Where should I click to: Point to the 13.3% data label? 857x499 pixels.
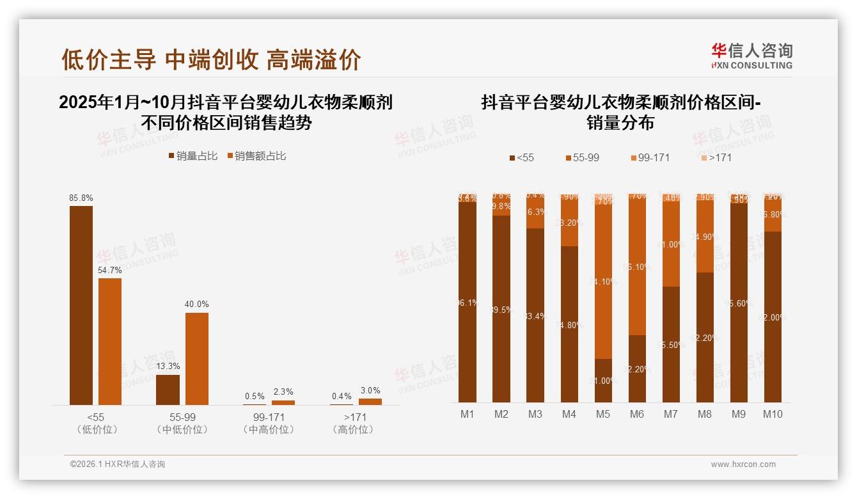(168, 367)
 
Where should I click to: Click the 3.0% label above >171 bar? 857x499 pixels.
(370, 390)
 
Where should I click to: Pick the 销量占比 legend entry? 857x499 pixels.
(193, 156)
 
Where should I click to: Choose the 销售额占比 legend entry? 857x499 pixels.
(256, 156)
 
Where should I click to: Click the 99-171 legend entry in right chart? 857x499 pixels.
(650, 157)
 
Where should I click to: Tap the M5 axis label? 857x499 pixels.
(603, 414)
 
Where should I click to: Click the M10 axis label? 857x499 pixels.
(773, 414)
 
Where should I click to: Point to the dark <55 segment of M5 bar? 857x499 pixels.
(603, 380)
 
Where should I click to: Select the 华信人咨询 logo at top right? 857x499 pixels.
(752, 56)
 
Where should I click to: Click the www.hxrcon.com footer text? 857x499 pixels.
(743, 464)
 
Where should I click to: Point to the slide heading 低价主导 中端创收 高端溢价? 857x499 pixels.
(211, 59)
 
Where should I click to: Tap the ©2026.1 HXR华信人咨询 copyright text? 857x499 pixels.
(118, 464)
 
